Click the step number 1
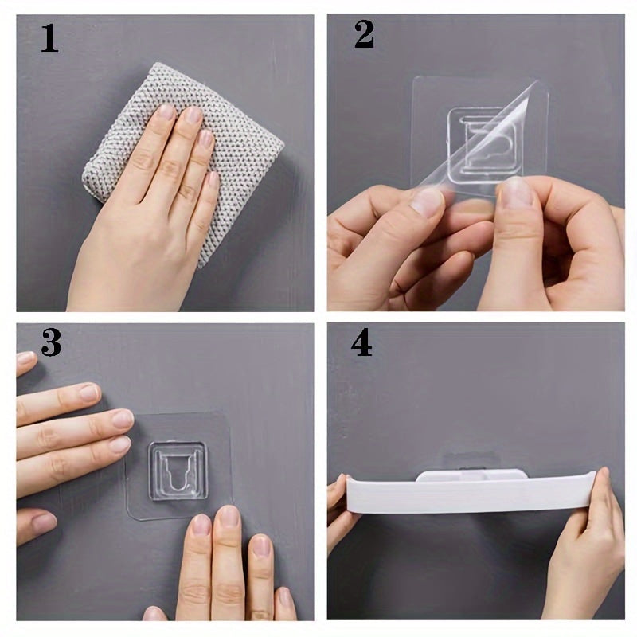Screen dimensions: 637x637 pos(49,38)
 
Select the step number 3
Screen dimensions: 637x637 pos(51,342)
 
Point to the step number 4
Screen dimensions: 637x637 pos(361,342)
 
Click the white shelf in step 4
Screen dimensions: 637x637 pos(470,492)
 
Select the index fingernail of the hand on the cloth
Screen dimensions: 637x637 pos(166,112)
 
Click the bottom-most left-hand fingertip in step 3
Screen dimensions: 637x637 pos(40,523)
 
